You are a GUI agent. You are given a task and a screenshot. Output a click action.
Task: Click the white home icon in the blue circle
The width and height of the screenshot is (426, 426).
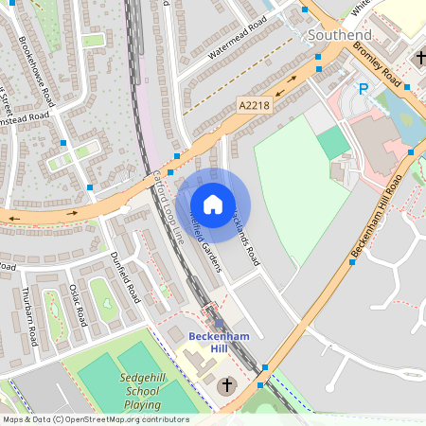[213, 204]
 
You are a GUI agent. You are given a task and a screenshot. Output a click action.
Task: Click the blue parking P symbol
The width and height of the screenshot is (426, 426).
[362, 90]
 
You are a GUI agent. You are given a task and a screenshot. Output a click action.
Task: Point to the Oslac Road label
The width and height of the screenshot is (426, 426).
[78, 301]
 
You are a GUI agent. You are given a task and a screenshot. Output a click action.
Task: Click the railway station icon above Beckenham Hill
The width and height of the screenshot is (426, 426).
[219, 323]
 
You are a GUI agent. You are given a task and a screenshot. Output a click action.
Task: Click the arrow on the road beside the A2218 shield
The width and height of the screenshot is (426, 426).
[293, 81]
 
